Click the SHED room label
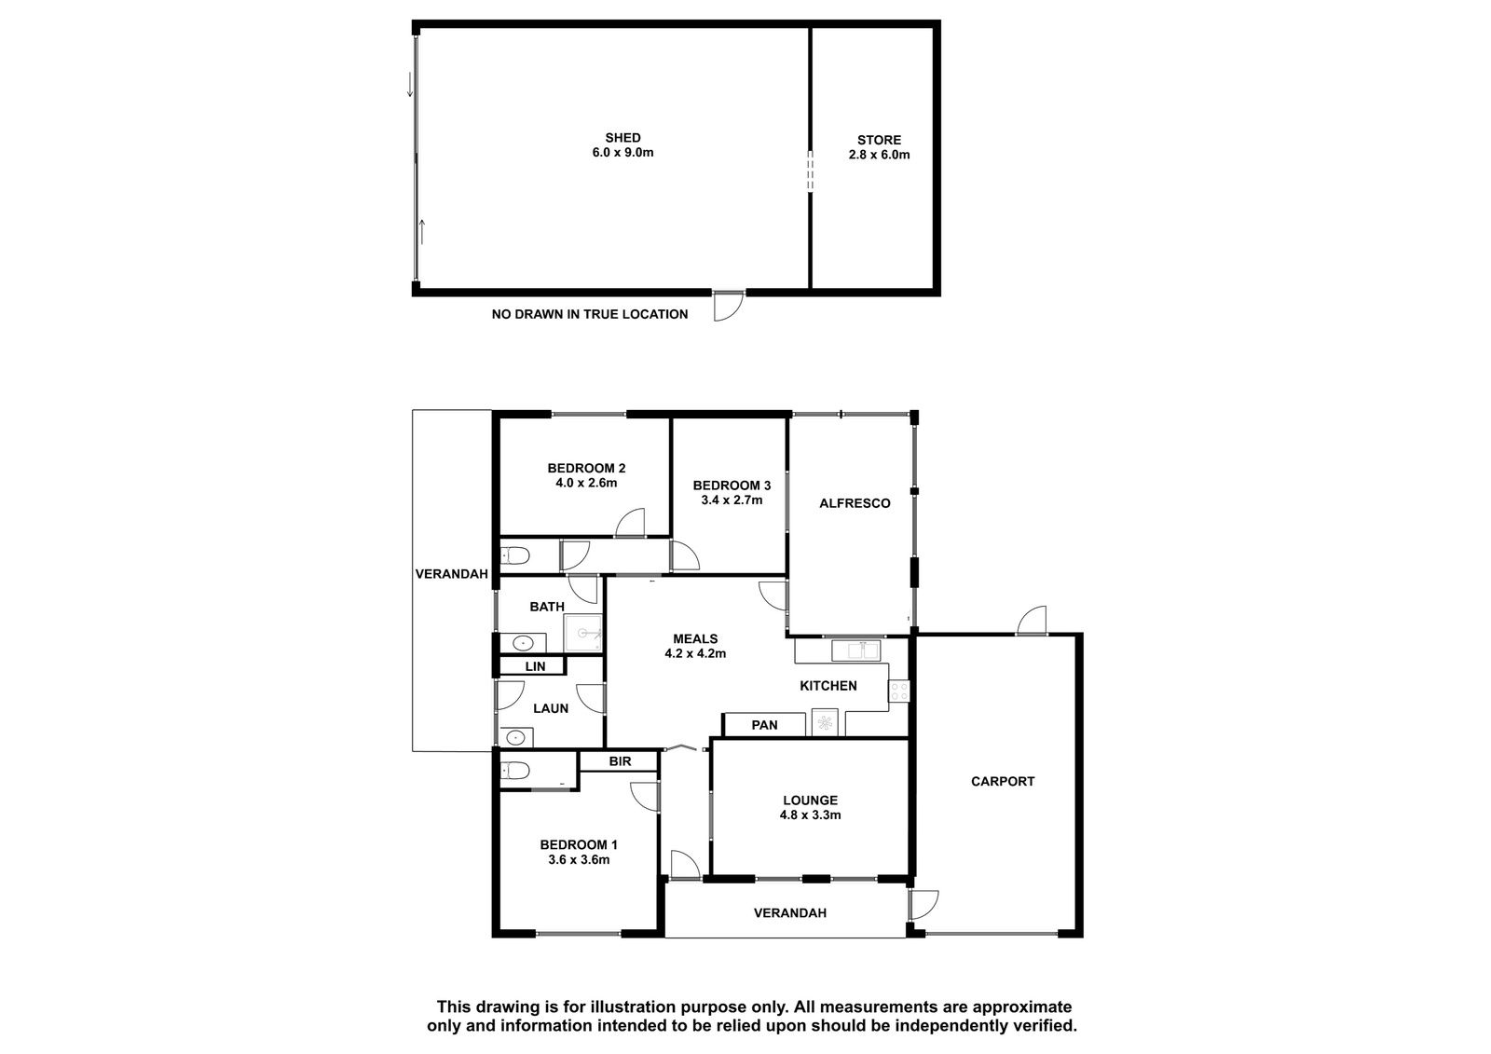pyautogui.click(x=622, y=138)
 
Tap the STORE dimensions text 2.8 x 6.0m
pyautogui.click(x=879, y=155)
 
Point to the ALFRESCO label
pyautogui.click(x=855, y=503)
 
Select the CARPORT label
pyautogui.click(x=1003, y=781)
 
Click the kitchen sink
pyautogui.click(x=855, y=650)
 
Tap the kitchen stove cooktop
pyautogui.click(x=898, y=691)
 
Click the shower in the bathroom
pyautogui.click(x=583, y=633)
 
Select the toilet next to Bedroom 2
pyautogui.click(x=513, y=554)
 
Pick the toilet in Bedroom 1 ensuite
pyautogui.click(x=513, y=771)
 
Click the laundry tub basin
pyautogui.click(x=516, y=737)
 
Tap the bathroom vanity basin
pyautogui.click(x=523, y=643)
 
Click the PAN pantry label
pyautogui.click(x=764, y=725)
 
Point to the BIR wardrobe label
pyautogui.click(x=620, y=761)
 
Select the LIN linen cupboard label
pyautogui.click(x=535, y=665)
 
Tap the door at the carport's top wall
pyautogui.click(x=1033, y=621)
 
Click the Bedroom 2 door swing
pyautogui.click(x=630, y=523)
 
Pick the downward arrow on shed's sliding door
pyautogui.click(x=410, y=85)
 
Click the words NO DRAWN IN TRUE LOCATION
pyautogui.click(x=590, y=314)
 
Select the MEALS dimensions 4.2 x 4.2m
pyautogui.click(x=695, y=654)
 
